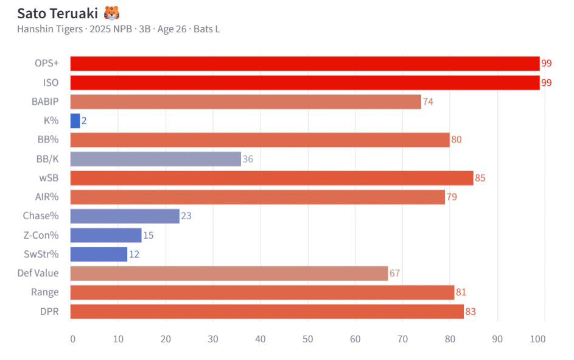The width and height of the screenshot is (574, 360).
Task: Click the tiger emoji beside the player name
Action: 112,13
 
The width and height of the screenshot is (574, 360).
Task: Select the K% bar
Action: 75,121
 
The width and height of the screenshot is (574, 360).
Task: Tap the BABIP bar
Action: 246,102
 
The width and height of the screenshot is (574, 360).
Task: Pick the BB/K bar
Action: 156,159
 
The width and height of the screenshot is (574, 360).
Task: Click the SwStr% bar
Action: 99,254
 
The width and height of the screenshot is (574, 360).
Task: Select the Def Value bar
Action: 229,274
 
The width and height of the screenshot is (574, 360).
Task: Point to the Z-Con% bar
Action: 106,235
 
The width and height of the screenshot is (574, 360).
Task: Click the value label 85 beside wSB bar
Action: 480,178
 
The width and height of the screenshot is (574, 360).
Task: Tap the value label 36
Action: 248,159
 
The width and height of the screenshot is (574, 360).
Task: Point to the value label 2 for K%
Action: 84,121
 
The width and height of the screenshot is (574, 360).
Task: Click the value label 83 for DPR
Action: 471,312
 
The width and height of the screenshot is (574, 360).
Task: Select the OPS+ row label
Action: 47,64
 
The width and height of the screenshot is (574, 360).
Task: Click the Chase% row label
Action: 41,216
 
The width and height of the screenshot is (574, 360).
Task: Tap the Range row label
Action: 45,292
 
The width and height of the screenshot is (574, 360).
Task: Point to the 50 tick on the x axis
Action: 307,339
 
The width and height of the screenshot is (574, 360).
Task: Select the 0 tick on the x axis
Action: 72,339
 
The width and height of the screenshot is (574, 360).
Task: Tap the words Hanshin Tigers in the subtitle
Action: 50,29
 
